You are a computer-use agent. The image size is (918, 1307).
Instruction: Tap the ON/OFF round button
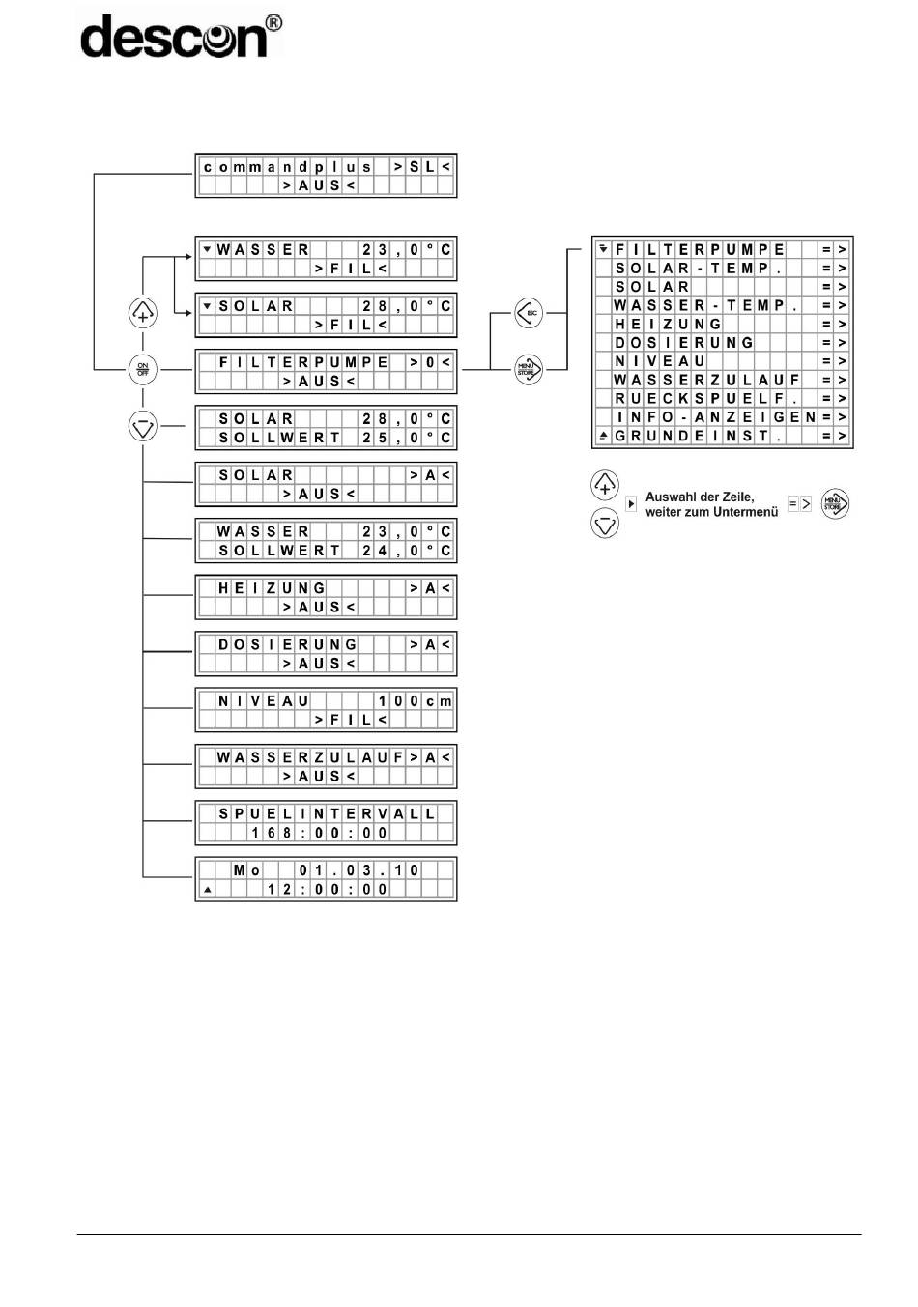click(x=143, y=369)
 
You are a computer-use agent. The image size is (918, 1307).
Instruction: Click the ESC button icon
click(x=529, y=313)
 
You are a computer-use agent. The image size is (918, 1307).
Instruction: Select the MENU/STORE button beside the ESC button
click(x=529, y=369)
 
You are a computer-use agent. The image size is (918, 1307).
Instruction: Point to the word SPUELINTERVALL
click(x=327, y=813)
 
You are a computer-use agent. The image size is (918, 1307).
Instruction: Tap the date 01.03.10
click(x=359, y=870)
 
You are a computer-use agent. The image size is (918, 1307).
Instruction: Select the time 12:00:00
click(x=327, y=890)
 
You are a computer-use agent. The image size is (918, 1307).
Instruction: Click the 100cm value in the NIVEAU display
click(x=415, y=700)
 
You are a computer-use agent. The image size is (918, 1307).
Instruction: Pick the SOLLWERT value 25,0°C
click(x=406, y=438)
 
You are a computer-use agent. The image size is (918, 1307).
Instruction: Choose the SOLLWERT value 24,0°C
click(x=406, y=551)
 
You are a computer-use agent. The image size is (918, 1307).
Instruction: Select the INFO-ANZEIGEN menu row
click(x=723, y=417)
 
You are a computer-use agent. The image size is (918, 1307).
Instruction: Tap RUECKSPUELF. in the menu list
click(x=706, y=399)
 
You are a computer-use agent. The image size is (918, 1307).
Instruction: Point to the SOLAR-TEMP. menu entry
click(x=698, y=269)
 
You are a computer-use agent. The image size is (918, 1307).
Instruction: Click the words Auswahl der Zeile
click(x=700, y=497)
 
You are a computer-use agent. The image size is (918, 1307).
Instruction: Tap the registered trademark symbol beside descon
click(x=273, y=23)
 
